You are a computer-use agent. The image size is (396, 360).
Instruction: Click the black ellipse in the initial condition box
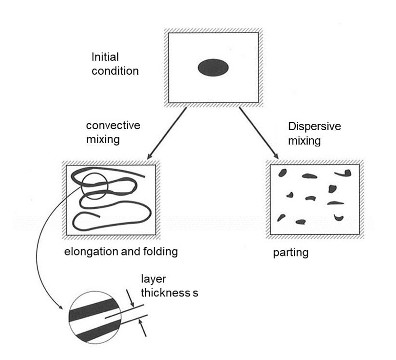coord(213,67)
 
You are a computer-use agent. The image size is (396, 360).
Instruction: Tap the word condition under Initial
coord(115,71)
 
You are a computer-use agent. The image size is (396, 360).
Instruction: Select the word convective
coord(113,126)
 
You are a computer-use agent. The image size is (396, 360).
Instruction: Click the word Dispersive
coord(315,127)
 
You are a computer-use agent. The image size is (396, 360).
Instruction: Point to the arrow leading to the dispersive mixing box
coord(259,133)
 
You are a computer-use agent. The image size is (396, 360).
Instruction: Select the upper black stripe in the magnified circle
coord(93,308)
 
